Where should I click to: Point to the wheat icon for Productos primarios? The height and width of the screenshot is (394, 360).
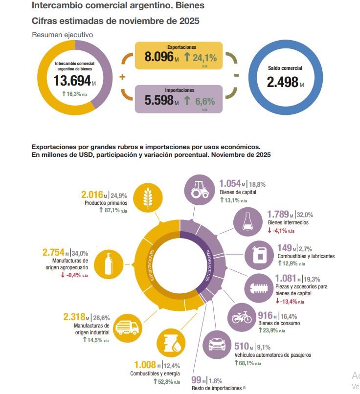pyautogui.click(x=147, y=197)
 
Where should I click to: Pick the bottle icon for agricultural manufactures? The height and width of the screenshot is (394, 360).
pyautogui.click(x=111, y=264)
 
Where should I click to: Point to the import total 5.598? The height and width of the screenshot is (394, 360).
pyautogui.click(x=159, y=100)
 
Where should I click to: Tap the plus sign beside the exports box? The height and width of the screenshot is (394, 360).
pyautogui.click(x=122, y=77)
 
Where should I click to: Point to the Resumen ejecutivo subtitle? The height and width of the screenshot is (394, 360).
pyautogui.click(x=62, y=35)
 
